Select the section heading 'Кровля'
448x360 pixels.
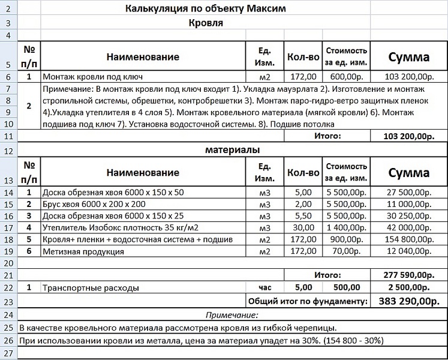(205, 23)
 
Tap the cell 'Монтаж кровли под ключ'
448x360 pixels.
(92, 77)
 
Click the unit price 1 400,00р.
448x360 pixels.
(346, 228)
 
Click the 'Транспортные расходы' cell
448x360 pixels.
(91, 288)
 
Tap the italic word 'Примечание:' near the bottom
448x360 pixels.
(231, 314)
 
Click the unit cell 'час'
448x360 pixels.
(264, 287)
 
